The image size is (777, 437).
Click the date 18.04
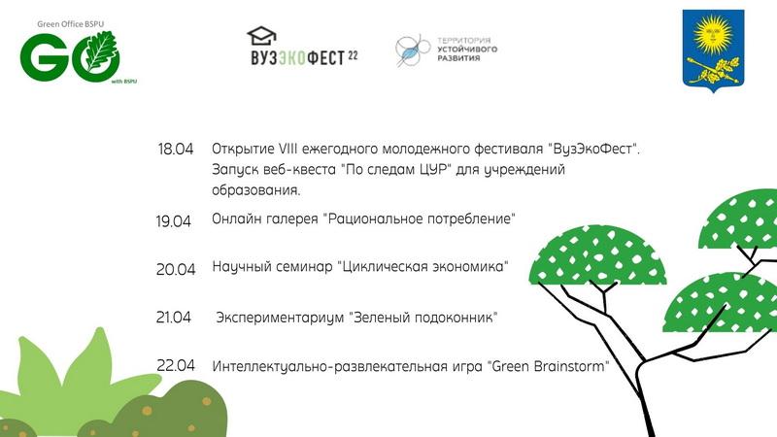[176, 150]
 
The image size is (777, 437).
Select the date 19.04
[174, 221]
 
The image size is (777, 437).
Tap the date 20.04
[176, 269]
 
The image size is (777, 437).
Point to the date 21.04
[174, 318]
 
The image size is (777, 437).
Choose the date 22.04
[176, 366]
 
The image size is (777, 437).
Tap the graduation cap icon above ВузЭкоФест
[261, 36]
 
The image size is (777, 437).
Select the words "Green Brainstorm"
[549, 367]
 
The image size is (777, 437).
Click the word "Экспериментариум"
[280, 318]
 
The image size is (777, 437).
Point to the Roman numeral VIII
[287, 149]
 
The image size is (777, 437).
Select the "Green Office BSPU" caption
[70, 23]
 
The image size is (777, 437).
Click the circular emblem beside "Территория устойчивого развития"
[412, 50]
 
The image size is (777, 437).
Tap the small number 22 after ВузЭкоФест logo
[353, 55]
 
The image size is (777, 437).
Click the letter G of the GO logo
[41, 57]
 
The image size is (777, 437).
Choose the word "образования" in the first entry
[256, 190]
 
